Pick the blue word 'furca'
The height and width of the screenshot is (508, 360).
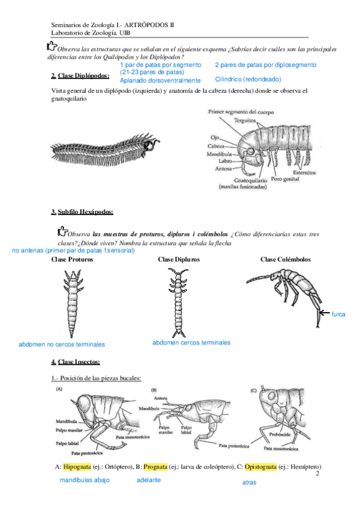point(338,314)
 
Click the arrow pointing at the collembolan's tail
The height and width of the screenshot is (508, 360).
point(323,313)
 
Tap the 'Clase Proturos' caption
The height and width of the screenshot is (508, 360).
point(72,259)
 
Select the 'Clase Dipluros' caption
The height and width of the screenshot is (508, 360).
point(179,259)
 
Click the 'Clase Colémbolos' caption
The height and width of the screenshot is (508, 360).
point(286,259)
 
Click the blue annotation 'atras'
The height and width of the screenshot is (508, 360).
point(250,482)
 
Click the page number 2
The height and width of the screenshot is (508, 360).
point(317,473)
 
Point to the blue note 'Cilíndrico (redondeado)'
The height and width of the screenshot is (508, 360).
point(247,79)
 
